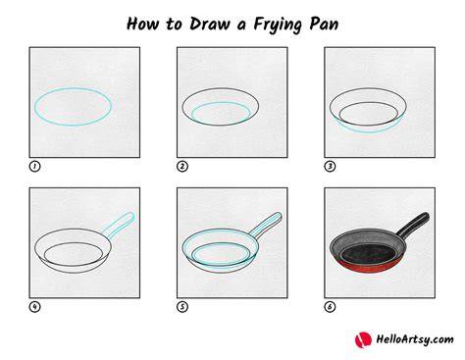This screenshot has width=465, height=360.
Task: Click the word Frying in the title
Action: point(278,25)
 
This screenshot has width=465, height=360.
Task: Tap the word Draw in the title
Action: point(210,24)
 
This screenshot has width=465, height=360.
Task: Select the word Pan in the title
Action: point(324,25)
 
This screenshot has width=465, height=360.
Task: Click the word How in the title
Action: point(143,24)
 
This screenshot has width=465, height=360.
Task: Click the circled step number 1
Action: point(34,167)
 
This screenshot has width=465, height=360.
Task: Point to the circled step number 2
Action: point(182,167)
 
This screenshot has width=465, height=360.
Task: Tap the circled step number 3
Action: point(330,167)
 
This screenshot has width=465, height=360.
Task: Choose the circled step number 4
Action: point(34,307)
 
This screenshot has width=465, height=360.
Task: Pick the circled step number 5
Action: point(182,307)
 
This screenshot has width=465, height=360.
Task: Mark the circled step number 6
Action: point(330,307)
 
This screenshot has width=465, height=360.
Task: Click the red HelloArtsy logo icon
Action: point(363,339)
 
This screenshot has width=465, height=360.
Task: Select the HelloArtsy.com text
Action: point(415,339)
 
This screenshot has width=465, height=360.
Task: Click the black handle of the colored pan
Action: point(413,225)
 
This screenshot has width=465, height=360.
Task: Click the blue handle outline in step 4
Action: point(119,226)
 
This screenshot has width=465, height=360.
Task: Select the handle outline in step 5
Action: point(266,226)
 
